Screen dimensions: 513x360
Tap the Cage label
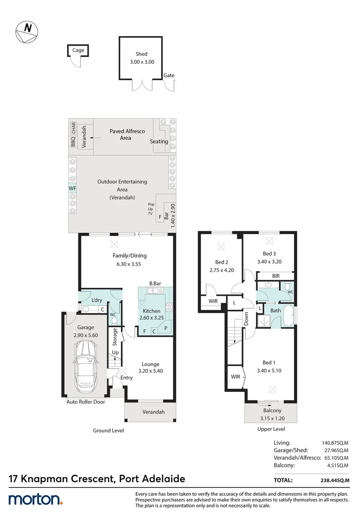[x=78, y=50]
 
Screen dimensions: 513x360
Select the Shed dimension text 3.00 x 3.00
[x=141, y=62]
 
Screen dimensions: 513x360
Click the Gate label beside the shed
[x=169, y=76]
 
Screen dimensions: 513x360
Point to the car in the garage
[x=86, y=363]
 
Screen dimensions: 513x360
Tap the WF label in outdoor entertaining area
[x=73, y=189]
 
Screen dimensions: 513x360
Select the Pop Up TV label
[x=151, y=209]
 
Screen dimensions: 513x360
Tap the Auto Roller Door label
[x=86, y=402]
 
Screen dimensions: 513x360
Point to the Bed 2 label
[x=222, y=262]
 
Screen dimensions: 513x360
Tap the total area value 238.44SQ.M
[x=335, y=480]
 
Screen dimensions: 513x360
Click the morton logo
[x=35, y=500]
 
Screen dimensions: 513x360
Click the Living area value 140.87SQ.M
[x=336, y=442]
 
